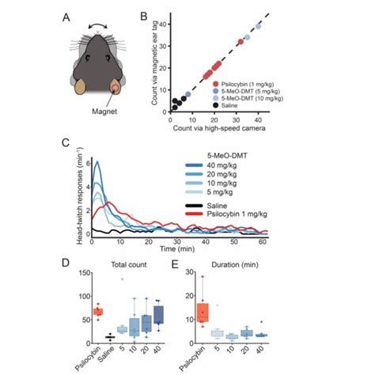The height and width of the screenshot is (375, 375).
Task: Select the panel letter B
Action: pos(143,14)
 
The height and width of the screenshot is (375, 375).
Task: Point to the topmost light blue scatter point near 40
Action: pos(258,26)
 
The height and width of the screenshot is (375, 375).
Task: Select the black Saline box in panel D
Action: pos(109,337)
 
